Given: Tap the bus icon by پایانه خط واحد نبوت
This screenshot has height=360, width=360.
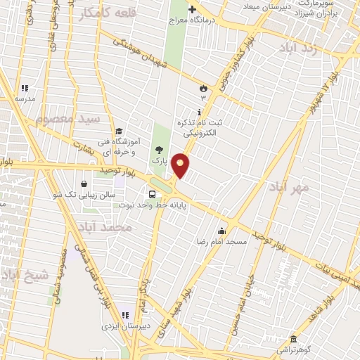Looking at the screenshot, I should point(152,195).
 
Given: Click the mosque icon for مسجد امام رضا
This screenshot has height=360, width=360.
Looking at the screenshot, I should point(222,231).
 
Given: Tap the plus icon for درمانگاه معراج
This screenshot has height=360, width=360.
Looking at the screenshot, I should point(191,9).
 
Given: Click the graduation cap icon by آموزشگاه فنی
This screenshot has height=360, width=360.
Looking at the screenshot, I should point(119,131).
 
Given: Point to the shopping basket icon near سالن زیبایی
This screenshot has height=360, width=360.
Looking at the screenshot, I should point(84,184).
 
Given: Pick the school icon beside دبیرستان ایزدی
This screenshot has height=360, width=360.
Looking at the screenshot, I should point(126,315).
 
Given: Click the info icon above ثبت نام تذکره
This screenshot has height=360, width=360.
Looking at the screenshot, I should point(200,111).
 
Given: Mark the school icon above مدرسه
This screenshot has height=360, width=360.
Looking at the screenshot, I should point(25,89).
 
